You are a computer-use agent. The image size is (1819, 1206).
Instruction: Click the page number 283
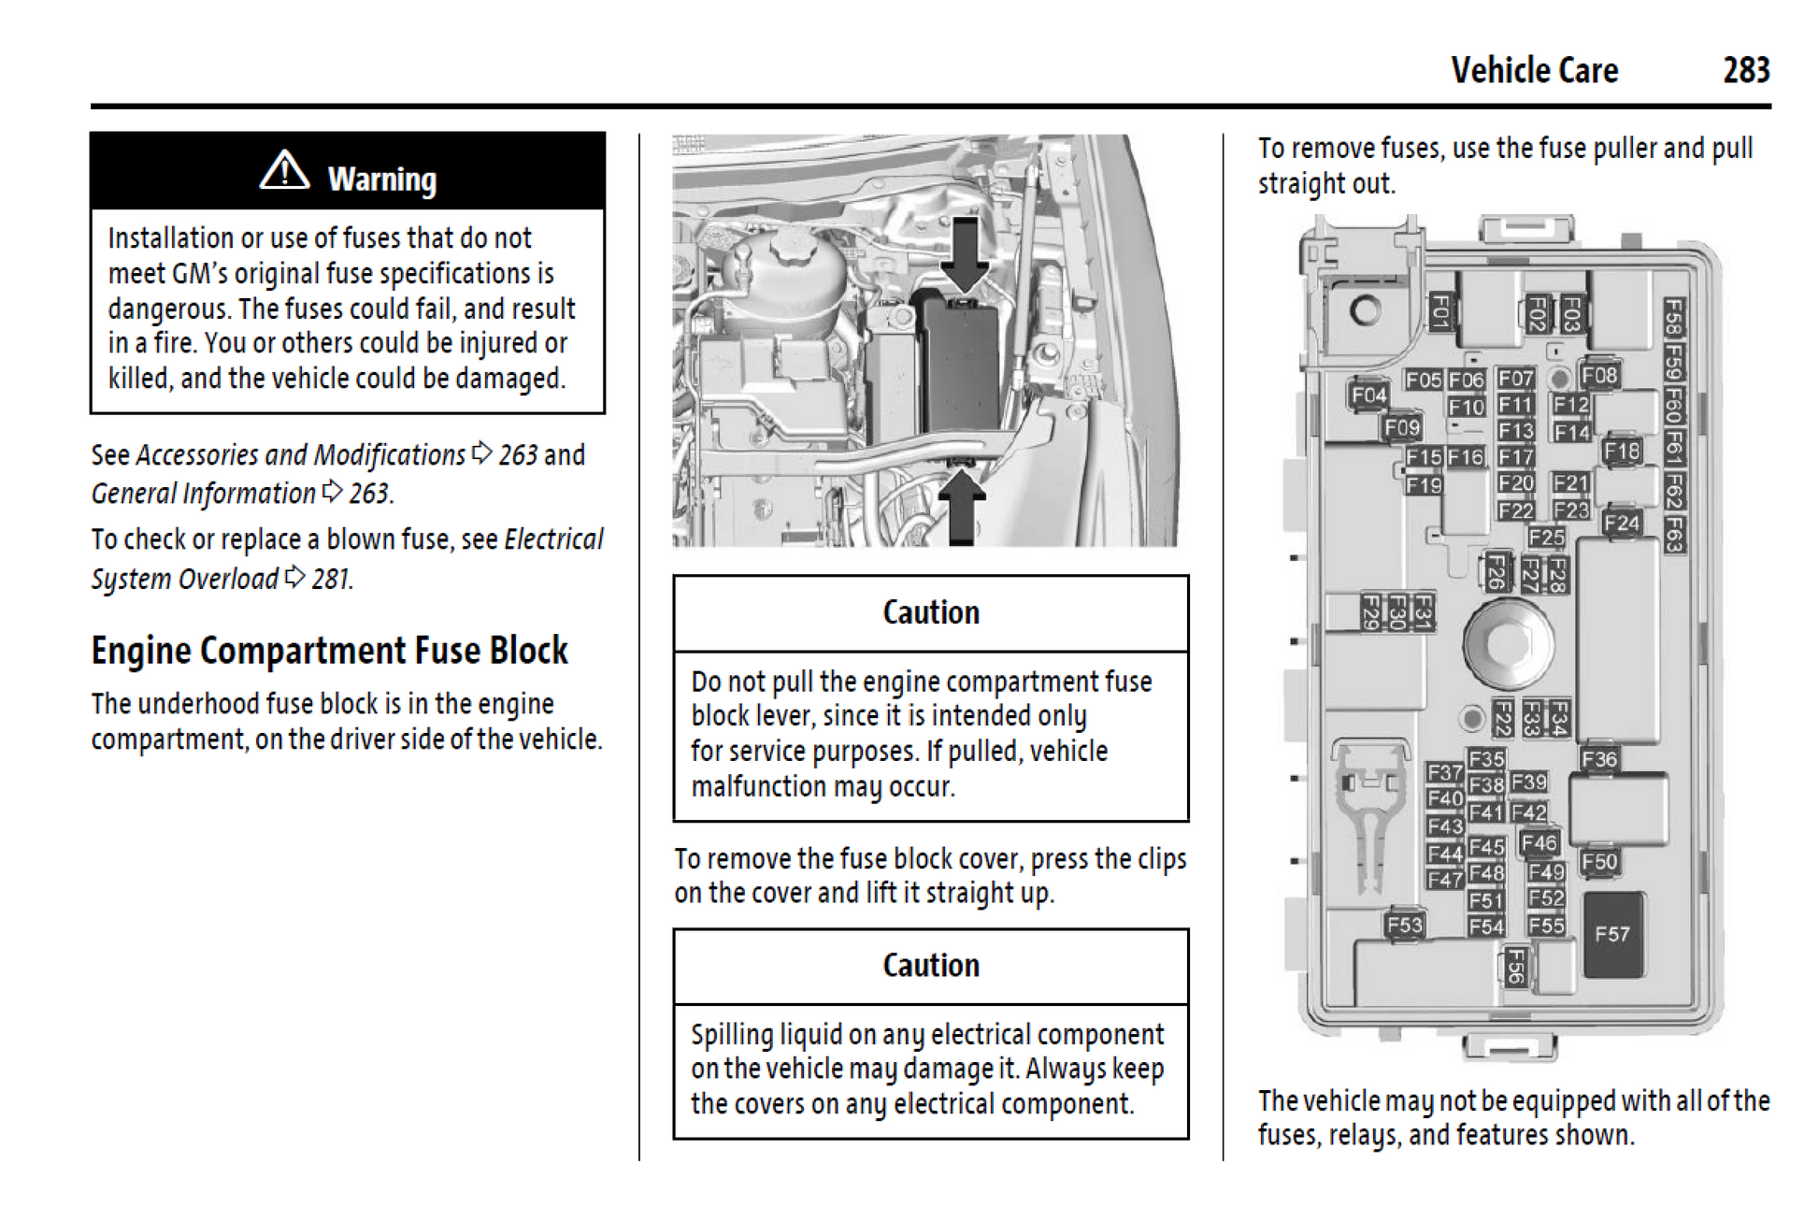coord(1745,70)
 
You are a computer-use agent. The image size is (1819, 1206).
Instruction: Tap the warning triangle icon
coord(284,171)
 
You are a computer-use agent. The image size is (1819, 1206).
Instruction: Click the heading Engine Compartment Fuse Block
coord(329,651)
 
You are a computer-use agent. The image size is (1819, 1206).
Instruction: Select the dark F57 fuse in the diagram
coord(1612,934)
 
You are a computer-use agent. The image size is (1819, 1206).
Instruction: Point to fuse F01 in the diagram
coord(1439,311)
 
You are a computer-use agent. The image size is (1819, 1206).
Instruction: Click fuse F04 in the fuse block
coord(1368,395)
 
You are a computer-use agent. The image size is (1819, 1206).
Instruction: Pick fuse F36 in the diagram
coord(1599,759)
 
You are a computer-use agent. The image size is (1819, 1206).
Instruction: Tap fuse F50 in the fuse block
coord(1599,861)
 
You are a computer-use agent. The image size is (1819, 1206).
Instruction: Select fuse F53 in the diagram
coord(1404,925)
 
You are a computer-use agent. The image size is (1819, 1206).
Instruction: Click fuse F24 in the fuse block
coord(1621,523)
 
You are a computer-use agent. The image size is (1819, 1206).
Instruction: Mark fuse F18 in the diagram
coord(1621,451)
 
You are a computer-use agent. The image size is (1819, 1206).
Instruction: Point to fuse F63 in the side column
coord(1673,535)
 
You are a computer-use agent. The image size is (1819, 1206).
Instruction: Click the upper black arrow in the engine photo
coord(964,252)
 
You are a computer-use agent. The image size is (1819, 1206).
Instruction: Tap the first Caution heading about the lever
coord(931,612)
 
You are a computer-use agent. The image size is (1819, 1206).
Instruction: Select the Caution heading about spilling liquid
coord(931,966)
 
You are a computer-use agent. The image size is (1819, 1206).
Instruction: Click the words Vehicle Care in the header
coord(1534,70)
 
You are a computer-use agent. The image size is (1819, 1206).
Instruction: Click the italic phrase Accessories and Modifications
coord(300,455)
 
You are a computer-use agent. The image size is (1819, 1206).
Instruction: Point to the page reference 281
coord(331,580)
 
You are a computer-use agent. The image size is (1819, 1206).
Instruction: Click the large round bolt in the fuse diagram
coord(1507,644)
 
